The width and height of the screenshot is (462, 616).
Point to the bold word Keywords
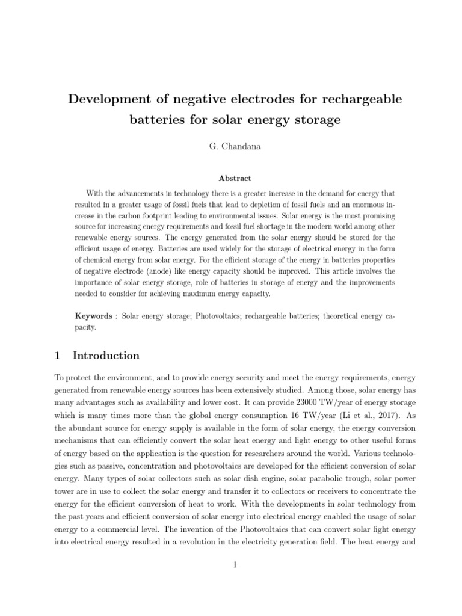[93, 316]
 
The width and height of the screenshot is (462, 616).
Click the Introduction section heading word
[106, 356]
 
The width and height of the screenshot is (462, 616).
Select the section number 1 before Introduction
[57, 356]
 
